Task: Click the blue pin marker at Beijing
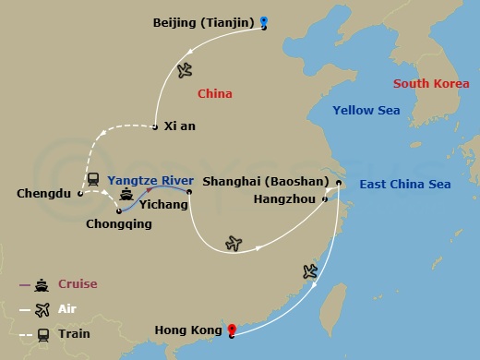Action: point(264,22)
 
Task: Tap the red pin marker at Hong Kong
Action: point(232,329)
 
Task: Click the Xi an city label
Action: point(180,126)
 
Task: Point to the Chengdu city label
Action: point(44,194)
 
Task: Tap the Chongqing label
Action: point(118,223)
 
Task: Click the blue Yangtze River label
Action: point(150,180)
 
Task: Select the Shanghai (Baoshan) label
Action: point(265,182)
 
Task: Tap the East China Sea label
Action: point(405,185)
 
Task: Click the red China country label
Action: point(215,93)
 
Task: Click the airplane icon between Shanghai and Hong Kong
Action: point(310,270)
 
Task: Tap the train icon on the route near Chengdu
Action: point(93,180)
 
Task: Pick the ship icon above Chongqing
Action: point(126,196)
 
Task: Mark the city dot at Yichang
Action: point(188,192)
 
